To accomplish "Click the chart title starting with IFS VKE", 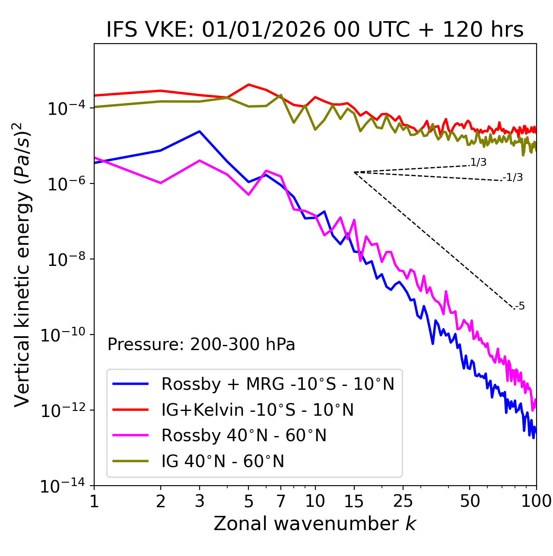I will [x=315, y=30].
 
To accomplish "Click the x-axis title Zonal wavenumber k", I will [x=315, y=524].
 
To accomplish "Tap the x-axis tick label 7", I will [x=281, y=501].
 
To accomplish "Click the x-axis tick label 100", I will [x=536, y=501].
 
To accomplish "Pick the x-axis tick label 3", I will [x=200, y=501].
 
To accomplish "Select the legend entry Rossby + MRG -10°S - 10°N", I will [x=278, y=384].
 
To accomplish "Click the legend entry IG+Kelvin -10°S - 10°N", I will [x=257, y=410].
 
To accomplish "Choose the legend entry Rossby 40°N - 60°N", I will [x=244, y=436].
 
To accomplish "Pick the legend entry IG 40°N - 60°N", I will [x=223, y=461].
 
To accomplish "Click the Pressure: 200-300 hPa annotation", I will [x=201, y=344].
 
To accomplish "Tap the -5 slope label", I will [x=520, y=306].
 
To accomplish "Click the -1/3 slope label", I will [x=513, y=177].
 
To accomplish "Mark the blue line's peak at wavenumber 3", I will [x=200, y=131].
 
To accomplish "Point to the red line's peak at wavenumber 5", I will [x=248, y=85].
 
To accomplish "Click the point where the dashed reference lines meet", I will [x=354, y=172].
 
